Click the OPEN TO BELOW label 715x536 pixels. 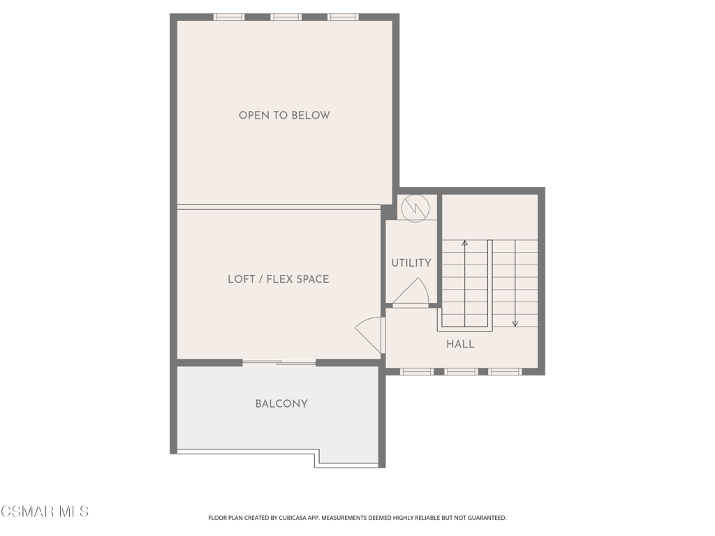tap(284, 115)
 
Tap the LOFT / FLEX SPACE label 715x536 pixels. tap(278, 279)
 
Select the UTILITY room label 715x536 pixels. tap(411, 262)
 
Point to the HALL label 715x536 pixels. tap(460, 344)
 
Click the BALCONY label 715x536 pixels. tap(281, 403)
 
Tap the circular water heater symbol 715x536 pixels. tap(415, 209)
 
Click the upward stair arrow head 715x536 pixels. tap(464, 243)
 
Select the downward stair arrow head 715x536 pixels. tap(515, 324)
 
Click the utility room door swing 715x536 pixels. tap(412, 292)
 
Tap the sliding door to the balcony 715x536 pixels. tap(279, 363)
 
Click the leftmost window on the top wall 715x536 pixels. tap(229, 17)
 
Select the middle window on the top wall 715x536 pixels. tap(286, 17)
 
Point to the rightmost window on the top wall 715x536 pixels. tap(343, 17)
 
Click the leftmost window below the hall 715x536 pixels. tap(417, 372)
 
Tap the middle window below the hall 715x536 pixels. tap(461, 372)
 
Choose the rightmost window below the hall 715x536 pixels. tap(506, 372)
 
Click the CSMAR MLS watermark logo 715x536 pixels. tap(45, 512)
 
